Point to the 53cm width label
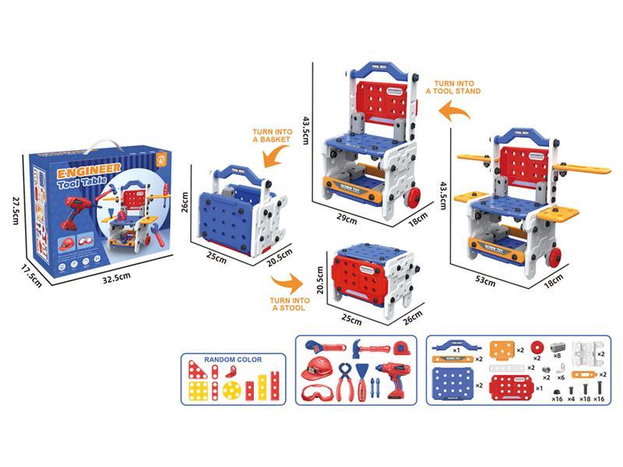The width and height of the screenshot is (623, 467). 486,283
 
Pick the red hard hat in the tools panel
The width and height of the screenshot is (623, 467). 316,367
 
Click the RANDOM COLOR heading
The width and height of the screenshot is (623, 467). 233,360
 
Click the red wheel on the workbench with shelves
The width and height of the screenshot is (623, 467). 555,255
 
